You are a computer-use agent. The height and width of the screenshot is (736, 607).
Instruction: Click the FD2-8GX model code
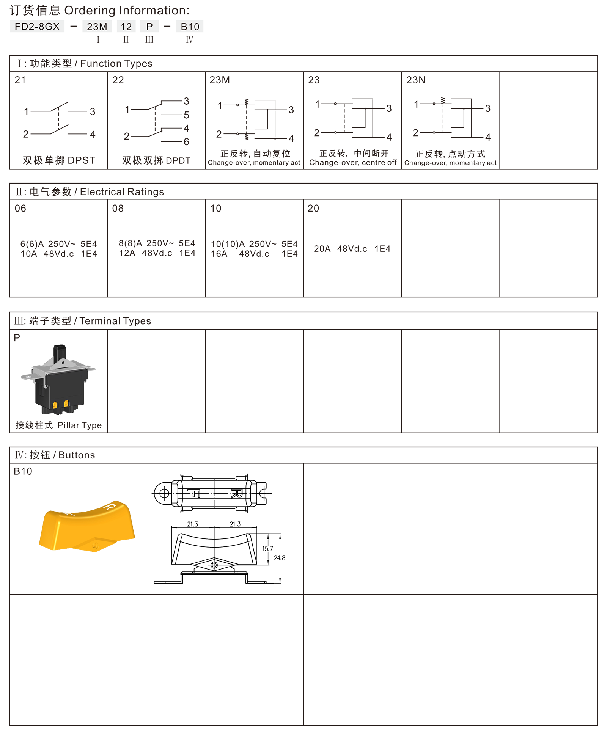click(37, 27)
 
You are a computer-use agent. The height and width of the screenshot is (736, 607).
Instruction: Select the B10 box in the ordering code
click(190, 27)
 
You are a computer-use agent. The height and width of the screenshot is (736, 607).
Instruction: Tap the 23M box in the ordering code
click(97, 27)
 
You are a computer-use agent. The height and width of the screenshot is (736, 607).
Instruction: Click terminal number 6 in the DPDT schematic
click(186, 142)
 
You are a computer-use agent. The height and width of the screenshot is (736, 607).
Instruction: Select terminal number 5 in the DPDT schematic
click(186, 115)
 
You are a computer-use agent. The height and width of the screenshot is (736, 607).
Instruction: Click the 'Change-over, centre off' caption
click(353, 163)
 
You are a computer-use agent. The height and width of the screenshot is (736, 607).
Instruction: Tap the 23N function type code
click(416, 80)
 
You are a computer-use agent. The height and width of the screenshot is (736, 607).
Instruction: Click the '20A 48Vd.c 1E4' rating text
click(352, 249)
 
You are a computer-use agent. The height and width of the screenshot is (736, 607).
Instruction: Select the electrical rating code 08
click(118, 208)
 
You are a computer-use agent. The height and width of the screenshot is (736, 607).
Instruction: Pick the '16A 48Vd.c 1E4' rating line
click(254, 254)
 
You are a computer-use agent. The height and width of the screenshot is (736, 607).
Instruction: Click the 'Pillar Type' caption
click(80, 425)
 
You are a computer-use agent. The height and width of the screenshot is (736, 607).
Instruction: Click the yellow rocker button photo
click(87, 526)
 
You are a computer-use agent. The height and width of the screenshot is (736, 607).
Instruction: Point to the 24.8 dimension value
click(280, 558)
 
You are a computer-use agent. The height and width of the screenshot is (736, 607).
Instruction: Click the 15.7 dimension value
click(267, 549)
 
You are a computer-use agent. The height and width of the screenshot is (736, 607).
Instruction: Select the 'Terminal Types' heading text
click(115, 321)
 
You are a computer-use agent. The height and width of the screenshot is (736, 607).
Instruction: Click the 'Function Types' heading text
click(116, 63)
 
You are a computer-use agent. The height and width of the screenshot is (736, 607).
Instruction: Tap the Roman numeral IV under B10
click(189, 40)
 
